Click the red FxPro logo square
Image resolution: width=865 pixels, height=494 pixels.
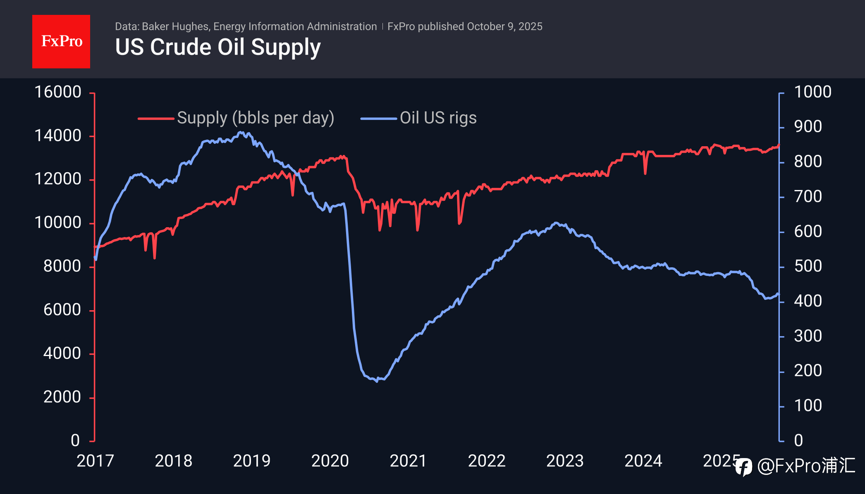pos(61,41)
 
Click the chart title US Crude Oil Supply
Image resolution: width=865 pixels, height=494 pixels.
pos(218,47)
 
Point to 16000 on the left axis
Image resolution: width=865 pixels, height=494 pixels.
pos(58,92)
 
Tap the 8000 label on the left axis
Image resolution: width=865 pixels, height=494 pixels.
pos(62,266)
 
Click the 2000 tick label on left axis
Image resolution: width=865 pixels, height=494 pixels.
pos(62,397)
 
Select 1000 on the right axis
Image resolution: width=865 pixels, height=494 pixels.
pos(812,92)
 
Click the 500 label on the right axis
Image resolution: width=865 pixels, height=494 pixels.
pos(808,266)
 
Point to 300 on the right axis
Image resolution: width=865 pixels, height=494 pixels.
pos(808,336)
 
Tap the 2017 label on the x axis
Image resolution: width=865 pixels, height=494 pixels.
pos(95,461)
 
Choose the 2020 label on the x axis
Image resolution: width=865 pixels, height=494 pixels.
pos(330,461)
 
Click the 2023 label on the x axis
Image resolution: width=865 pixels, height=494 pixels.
pos(565,461)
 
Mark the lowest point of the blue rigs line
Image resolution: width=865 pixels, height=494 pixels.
pos(377,381)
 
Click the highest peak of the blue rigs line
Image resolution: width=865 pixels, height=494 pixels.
pos(241,132)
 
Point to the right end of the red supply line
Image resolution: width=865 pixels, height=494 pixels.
pos(779,145)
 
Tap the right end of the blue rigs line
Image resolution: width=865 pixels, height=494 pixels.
pos(779,294)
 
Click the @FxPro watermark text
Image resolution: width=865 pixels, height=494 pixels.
pos(805,466)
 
